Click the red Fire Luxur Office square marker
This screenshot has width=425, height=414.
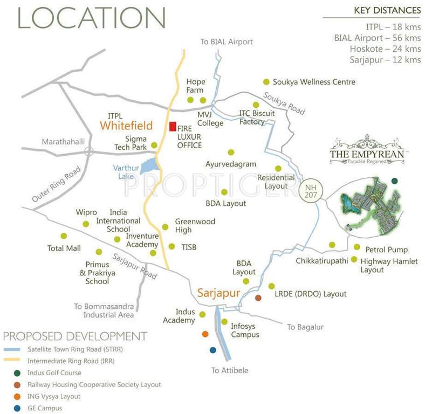point(173,127)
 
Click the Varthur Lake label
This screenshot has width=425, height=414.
point(126,172)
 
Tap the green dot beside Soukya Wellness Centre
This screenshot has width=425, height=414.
point(266,82)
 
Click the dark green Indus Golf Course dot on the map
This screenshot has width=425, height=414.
point(394,181)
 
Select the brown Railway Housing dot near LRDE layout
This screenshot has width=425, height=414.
point(258,298)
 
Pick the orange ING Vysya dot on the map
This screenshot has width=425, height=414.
point(205,334)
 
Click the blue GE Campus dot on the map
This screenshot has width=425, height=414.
point(212,350)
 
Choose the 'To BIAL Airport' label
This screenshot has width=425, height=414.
point(227,42)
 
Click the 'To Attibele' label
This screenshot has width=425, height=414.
point(230,370)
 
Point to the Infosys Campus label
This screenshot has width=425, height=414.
point(245,330)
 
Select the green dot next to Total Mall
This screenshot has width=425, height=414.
point(64,236)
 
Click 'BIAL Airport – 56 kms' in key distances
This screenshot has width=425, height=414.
point(378,38)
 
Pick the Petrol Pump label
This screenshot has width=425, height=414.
point(386,250)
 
